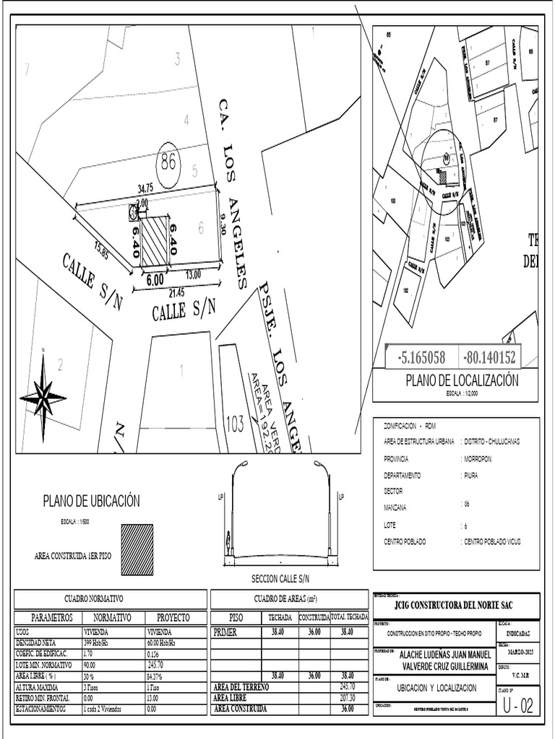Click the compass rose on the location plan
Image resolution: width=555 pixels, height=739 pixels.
[x=43, y=395]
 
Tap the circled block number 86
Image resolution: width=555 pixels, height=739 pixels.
[x=168, y=162]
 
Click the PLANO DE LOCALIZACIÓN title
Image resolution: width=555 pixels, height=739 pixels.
[x=462, y=380]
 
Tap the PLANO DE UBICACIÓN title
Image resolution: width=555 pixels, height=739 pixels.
[x=91, y=502]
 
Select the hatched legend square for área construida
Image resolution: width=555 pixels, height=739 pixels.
[x=137, y=549]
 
